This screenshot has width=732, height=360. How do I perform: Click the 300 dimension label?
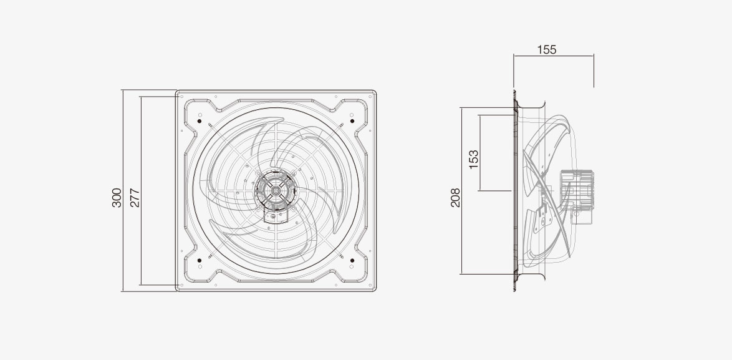[117, 198]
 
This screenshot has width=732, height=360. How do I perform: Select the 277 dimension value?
[135, 198]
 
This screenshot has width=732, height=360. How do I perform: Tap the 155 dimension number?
[547, 49]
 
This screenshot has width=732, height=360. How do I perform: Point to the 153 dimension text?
[473, 159]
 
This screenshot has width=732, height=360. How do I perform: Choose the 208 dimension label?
[455, 198]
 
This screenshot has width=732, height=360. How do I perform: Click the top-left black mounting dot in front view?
[200, 121]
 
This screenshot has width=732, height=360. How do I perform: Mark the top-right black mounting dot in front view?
[352, 121]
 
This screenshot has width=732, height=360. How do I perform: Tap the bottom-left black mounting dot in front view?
[200, 260]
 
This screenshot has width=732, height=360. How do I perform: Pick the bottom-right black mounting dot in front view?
[352, 260]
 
